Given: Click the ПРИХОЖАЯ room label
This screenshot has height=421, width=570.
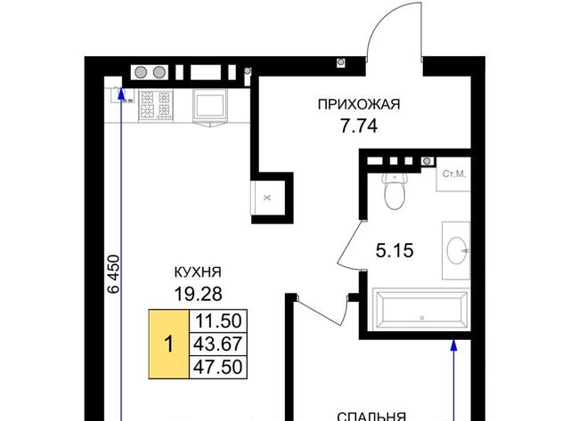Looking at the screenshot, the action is (x=359, y=104).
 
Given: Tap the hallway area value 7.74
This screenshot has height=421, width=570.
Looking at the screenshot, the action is (x=359, y=126).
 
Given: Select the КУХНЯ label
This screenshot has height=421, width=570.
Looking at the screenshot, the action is (x=198, y=272).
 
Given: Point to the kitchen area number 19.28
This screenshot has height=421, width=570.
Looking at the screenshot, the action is (x=198, y=294).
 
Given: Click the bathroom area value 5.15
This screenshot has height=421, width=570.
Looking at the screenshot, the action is (x=395, y=251).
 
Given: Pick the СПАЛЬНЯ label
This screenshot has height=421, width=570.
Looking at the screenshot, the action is (x=371, y=417).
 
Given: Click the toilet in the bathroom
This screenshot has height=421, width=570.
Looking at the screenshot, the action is (x=395, y=191).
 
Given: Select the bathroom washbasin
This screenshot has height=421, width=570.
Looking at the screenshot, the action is (x=457, y=251).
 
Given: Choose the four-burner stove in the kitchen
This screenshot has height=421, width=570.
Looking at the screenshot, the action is (x=156, y=105).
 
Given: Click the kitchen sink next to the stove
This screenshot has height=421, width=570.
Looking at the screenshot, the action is (x=210, y=105).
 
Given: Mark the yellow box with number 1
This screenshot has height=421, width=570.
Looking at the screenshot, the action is (x=168, y=344).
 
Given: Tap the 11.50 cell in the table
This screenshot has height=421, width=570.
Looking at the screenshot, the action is (x=218, y=320).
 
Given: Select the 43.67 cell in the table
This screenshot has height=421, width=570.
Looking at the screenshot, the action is (x=218, y=344).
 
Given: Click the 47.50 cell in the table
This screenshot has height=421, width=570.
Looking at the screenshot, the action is (x=218, y=367).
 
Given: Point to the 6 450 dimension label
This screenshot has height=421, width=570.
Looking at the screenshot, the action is (x=114, y=274).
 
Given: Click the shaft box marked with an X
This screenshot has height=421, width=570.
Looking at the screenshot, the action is (x=267, y=198).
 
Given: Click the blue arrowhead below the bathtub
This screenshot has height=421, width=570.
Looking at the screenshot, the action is (x=453, y=345).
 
